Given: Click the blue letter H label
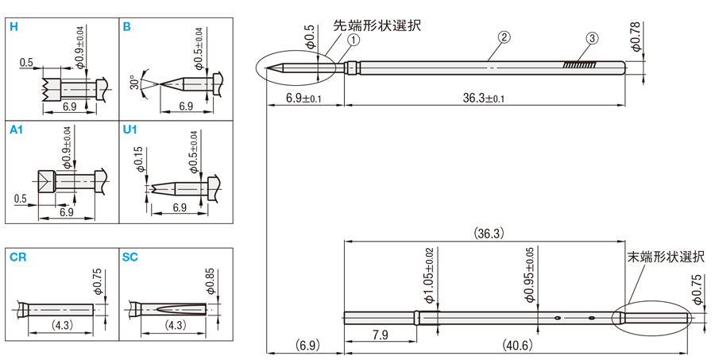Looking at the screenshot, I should coord(14,26).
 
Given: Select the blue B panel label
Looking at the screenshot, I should coord(127,26).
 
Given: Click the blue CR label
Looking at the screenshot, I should coord(17,257).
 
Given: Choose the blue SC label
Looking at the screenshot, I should coord(131,257).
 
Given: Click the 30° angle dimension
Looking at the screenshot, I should coord(133,83).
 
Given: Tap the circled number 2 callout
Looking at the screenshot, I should coord(503,37).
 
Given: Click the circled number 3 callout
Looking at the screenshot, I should coord(591,38).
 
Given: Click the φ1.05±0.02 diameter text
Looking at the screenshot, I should coord(429,275).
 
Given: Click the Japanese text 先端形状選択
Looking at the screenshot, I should coord(376,25).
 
